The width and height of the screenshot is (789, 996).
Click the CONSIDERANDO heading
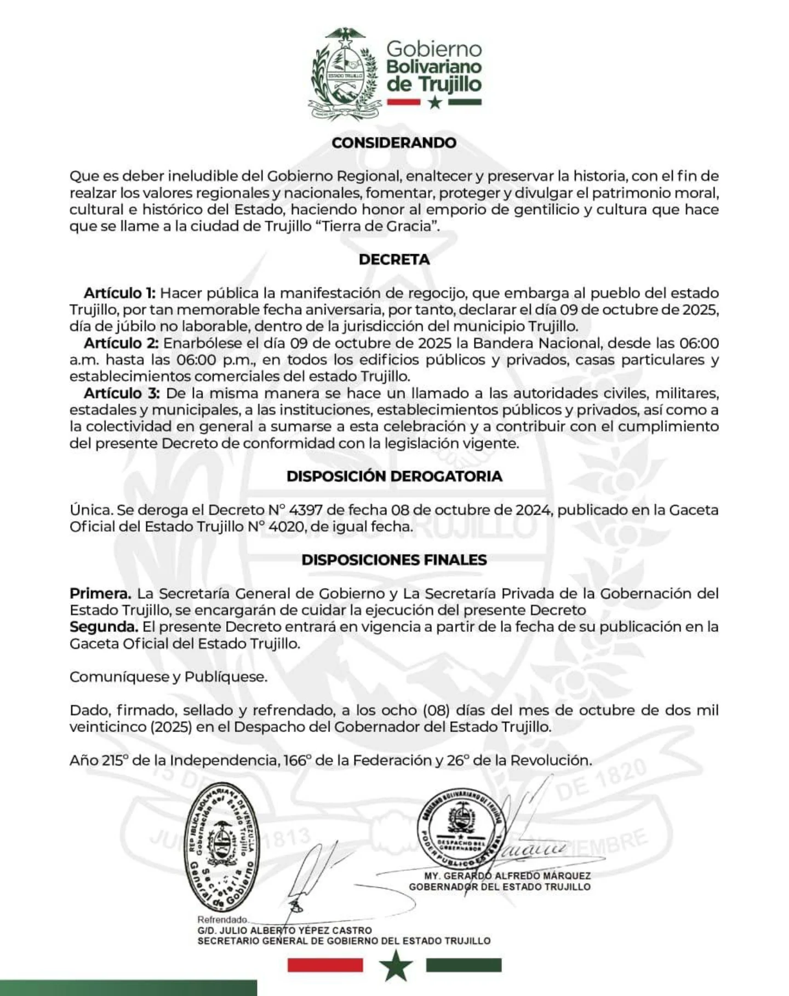394,143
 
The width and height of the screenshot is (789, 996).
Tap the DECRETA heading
394,260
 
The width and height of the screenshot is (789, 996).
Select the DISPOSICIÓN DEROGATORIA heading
394,476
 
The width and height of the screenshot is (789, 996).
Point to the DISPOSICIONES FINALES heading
394,560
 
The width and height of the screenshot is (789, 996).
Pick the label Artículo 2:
121,343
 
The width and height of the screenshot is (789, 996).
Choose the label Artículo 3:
122,393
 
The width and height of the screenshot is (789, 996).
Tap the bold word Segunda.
104,627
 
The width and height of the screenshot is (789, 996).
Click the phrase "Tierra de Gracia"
378,227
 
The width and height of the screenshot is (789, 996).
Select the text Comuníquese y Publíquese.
168,677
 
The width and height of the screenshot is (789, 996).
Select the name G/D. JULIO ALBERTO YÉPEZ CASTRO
284,930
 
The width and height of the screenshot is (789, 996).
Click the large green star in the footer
395,966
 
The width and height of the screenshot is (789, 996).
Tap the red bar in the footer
325,965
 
